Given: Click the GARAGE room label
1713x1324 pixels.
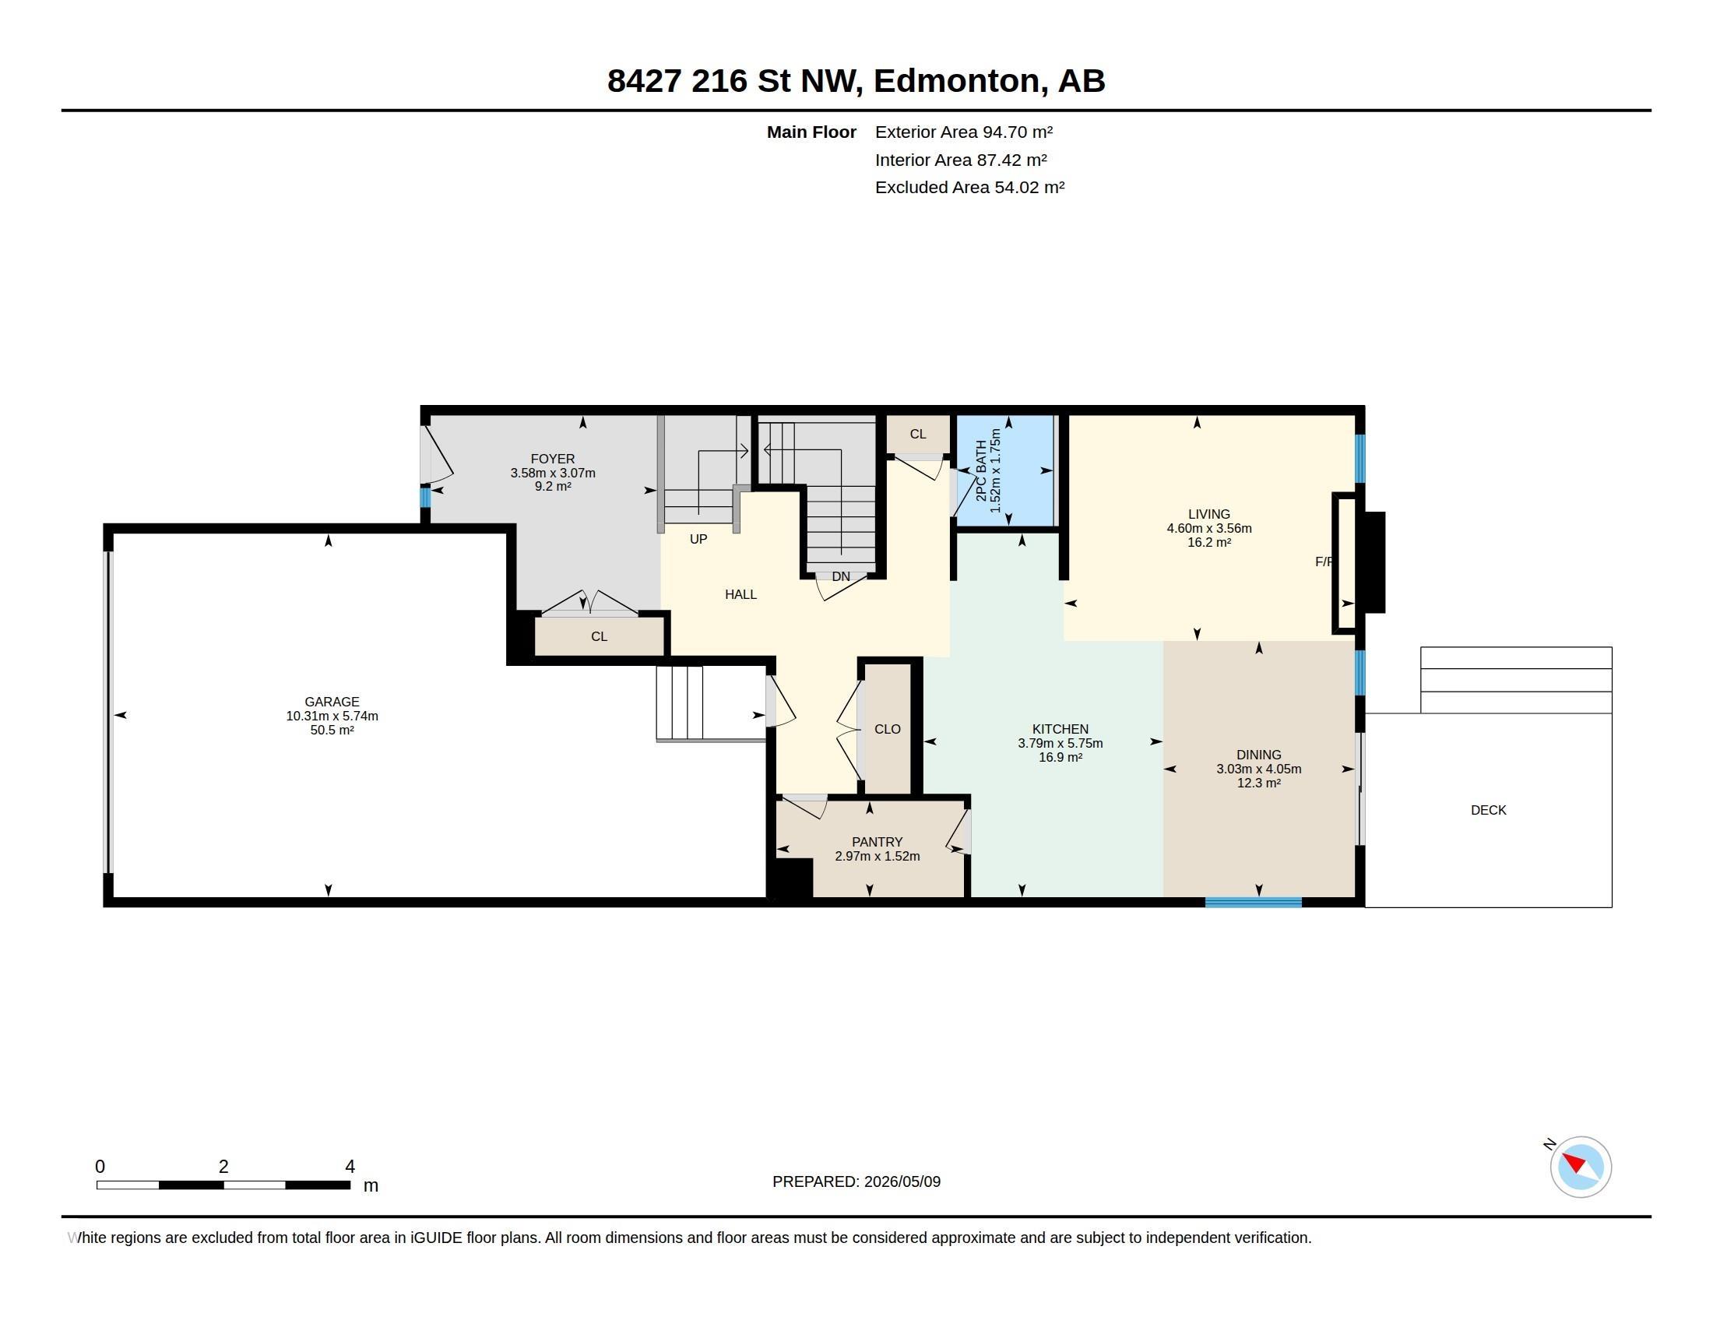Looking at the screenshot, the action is coord(332,702).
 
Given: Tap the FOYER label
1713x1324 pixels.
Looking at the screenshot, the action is coord(553,459).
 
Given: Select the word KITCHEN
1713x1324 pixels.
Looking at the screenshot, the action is coord(1061,729).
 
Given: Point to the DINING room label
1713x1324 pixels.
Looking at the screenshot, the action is coord(1259,755).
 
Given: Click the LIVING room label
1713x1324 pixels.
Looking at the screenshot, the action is coord(1208,515).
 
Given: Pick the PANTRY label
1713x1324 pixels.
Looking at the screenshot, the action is coord(877,842).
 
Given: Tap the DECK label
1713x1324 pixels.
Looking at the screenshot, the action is coord(1488,810).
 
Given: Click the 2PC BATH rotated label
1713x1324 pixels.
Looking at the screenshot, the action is coord(981,470).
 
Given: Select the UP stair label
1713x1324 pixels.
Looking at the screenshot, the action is coord(698,539).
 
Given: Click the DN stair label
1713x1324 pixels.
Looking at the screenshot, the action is coord(841,576).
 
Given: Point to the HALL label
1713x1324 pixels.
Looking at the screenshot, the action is coord(740,594).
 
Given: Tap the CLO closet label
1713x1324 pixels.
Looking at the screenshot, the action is coord(887,729).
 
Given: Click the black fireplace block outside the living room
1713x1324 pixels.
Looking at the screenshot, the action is coord(1375,562).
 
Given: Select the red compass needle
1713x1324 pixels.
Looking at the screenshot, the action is coord(1574,1161).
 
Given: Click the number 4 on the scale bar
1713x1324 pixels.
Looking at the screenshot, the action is coord(350,1167).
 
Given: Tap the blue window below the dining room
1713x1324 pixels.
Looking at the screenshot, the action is coord(1254,903).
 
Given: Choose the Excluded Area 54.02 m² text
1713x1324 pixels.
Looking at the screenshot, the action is coord(969,188).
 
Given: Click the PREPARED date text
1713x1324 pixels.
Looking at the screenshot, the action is coord(856,1181).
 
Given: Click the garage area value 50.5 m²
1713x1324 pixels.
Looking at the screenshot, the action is coord(332,731).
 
